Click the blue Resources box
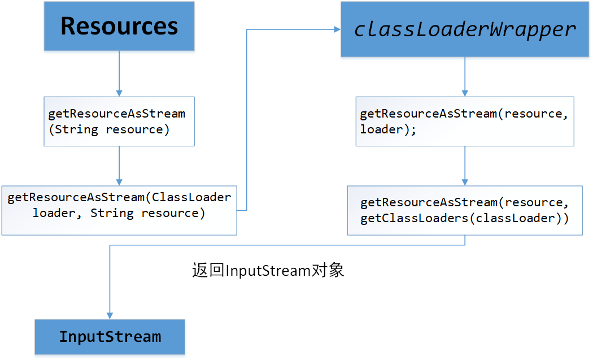coord(119,27)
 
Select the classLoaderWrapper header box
coord(465,29)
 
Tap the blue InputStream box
coord(110,337)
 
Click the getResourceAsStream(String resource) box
coord(119,122)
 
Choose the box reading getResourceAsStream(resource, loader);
coord(465,122)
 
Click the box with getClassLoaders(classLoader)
coord(465,210)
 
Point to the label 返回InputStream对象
coord(268,271)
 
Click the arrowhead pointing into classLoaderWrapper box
coord(336,29)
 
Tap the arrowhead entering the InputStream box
coord(110,315)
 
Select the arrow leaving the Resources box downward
coord(119,73)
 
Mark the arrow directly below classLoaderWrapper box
coord(465,76)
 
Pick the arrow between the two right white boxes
coord(465,166)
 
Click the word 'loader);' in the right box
coord(388,129)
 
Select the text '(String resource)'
coord(109,129)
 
